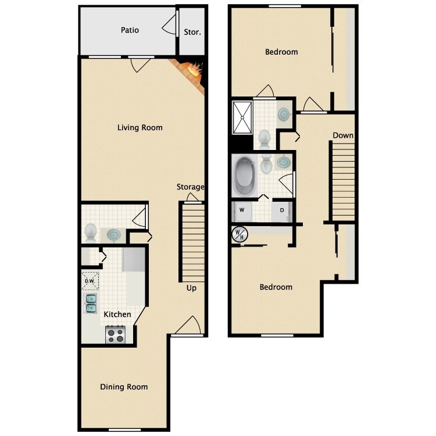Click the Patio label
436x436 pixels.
point(130,30)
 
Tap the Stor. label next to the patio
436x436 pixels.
point(192,32)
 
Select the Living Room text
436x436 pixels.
point(140,128)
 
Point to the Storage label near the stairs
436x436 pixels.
point(191,187)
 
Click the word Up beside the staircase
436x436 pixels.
point(191,288)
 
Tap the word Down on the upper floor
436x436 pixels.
point(343,135)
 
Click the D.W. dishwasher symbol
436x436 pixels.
point(90,281)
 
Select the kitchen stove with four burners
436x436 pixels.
point(115,334)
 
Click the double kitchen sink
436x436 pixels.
point(91,303)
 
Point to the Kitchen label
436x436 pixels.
point(117,315)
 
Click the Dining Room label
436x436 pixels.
point(124,387)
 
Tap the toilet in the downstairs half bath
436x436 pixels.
point(91,233)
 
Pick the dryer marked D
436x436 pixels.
point(282,210)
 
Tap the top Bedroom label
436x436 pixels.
point(281,52)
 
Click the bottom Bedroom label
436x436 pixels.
point(276,287)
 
